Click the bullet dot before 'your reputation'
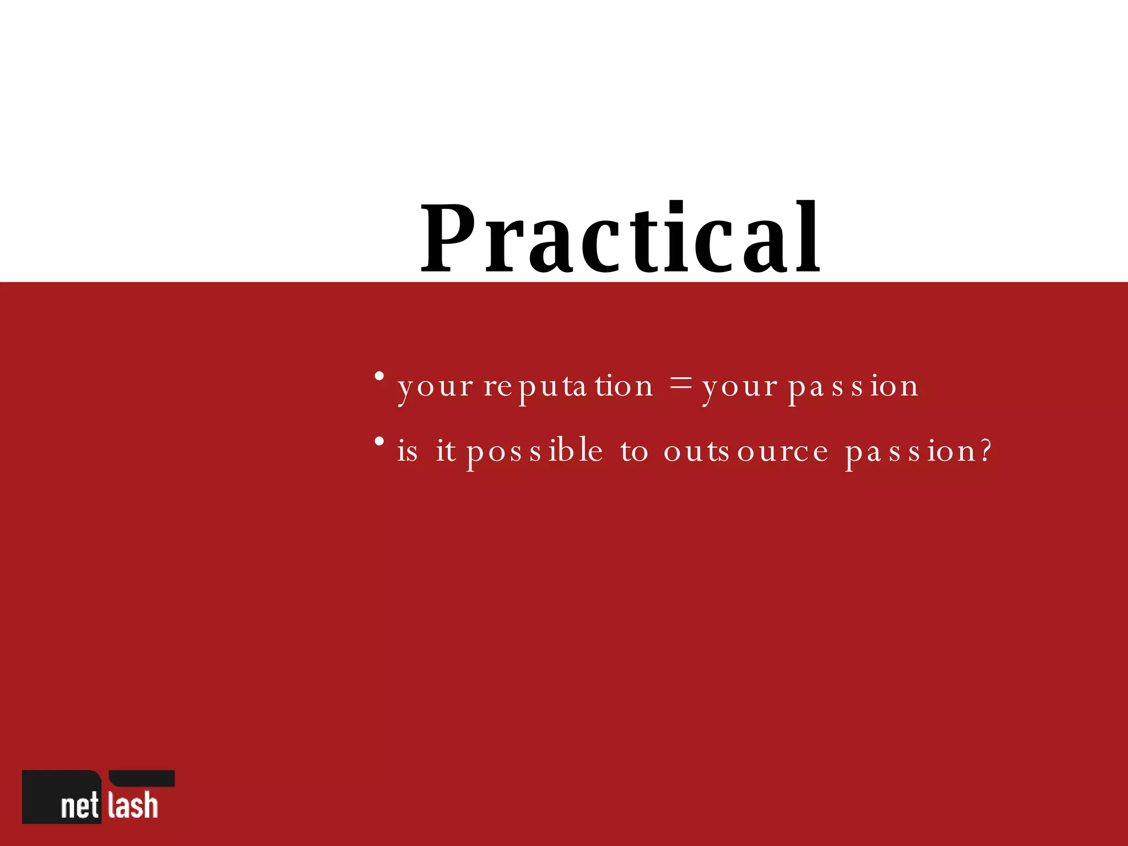[x=379, y=377]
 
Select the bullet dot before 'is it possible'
[x=379, y=441]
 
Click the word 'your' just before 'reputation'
[x=435, y=387]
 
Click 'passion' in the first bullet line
[x=854, y=387]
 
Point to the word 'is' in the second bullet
[x=408, y=451]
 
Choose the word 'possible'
[x=535, y=452]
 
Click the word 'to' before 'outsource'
[x=634, y=452]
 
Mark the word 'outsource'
[x=746, y=452]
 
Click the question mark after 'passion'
[x=985, y=451]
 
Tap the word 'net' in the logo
[x=80, y=806]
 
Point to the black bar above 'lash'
[x=142, y=778]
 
